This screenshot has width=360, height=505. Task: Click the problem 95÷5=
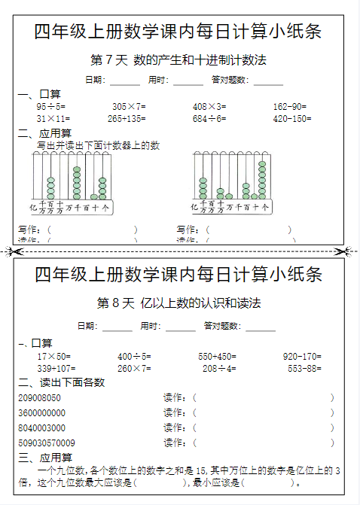(x=50, y=107)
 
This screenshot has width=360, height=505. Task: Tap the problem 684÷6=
(x=209, y=119)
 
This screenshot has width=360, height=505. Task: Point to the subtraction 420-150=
(x=292, y=119)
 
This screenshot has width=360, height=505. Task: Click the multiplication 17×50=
(x=53, y=356)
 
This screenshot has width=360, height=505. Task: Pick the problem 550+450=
(x=217, y=356)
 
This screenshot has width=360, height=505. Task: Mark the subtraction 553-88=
(x=305, y=368)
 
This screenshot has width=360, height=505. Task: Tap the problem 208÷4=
(x=219, y=368)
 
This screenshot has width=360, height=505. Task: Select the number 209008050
(x=39, y=397)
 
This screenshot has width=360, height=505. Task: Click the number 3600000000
(x=41, y=412)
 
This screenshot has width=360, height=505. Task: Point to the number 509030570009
(x=46, y=443)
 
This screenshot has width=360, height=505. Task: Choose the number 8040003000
(x=41, y=427)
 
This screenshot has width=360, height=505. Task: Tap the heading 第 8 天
(x=115, y=303)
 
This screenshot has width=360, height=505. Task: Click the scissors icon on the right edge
(x=343, y=251)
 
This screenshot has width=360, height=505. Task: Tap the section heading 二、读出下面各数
(x=62, y=382)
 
